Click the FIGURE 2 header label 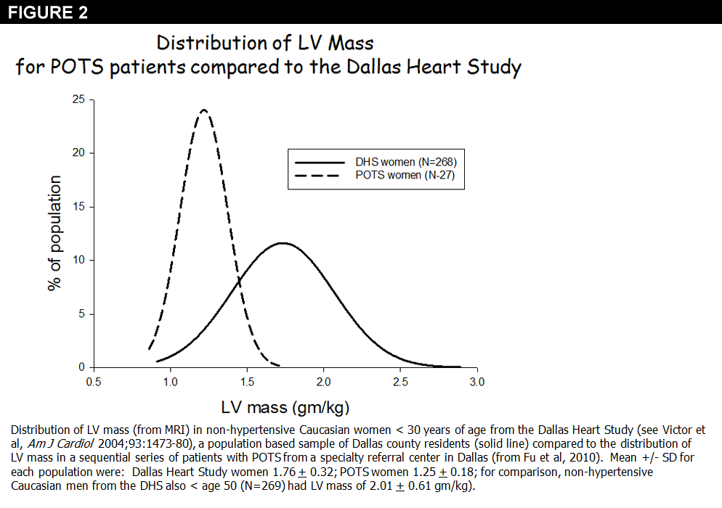point(44,12)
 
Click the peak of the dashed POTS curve point(203,110)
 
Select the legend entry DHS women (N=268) point(410,161)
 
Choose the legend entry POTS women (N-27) point(410,175)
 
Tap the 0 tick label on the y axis point(82,367)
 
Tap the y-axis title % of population point(54,234)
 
